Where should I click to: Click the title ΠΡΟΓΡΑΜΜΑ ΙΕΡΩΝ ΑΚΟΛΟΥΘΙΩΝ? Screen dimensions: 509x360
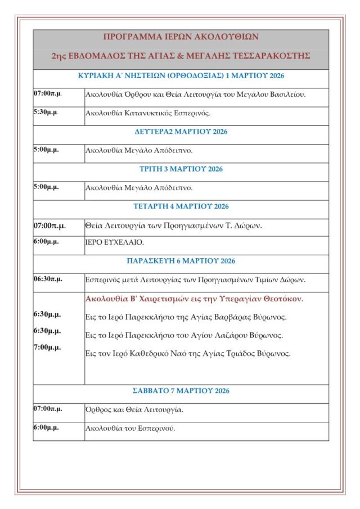coord(181,37)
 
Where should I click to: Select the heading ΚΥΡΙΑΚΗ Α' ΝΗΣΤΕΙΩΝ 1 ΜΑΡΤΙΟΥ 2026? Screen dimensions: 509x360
coord(181,76)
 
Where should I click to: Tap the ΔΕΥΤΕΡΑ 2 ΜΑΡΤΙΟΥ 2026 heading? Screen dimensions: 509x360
coord(181,132)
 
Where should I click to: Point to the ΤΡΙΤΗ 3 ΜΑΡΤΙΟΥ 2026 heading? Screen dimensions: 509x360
coord(181,169)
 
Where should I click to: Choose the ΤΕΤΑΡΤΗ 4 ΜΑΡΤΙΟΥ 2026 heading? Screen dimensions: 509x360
coord(181,206)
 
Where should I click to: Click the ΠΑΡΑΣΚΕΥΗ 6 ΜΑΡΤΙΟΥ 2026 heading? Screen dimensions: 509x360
coord(181,261)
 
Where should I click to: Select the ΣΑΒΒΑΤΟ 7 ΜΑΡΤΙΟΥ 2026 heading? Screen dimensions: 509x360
coord(181,391)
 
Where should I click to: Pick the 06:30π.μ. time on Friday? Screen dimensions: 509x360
coord(47,279)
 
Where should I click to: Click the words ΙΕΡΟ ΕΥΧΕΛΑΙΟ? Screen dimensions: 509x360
coord(114,242)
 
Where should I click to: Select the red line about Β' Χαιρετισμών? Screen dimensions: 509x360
coord(194,299)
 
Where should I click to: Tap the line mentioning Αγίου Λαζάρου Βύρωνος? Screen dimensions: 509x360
coord(184,335)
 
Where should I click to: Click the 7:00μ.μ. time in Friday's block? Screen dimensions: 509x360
coord(47,347)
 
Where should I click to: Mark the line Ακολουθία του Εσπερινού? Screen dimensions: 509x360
coord(130,429)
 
